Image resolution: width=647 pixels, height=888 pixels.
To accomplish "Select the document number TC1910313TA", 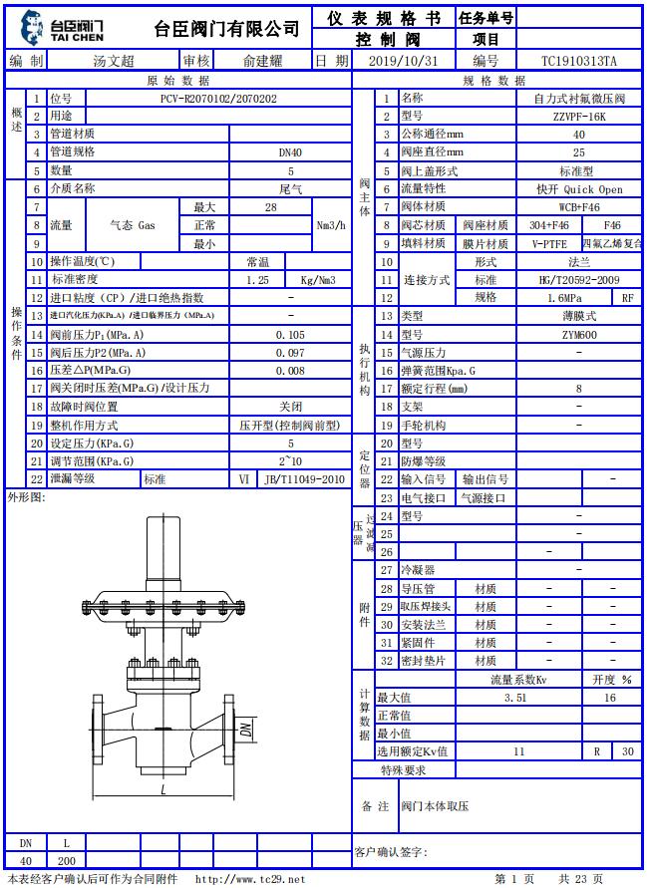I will pyautogui.click(x=578, y=61).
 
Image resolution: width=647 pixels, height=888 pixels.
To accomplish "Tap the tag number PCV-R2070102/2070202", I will pyautogui.click(x=218, y=99).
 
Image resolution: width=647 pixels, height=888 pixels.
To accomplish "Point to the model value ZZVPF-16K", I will pyautogui.click(x=578, y=117).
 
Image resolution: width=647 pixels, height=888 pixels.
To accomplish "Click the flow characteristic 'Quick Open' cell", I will pyautogui.click(x=578, y=189).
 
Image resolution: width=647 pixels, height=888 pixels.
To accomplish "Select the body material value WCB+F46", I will pyautogui.click(x=578, y=207).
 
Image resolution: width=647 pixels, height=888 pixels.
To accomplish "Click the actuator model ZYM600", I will pyautogui.click(x=578, y=335).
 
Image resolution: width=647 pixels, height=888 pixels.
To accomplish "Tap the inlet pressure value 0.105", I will pyautogui.click(x=290, y=335).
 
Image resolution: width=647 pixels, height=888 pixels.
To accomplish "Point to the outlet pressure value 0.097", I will pyautogui.click(x=290, y=353).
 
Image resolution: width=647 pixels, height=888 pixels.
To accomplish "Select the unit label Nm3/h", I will pyautogui.click(x=331, y=225).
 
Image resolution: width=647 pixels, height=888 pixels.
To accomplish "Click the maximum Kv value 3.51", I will pyautogui.click(x=515, y=698).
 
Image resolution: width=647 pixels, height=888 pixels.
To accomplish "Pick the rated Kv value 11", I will pyautogui.click(x=518, y=751).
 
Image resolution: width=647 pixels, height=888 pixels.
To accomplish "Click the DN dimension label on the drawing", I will pyautogui.click(x=245, y=730).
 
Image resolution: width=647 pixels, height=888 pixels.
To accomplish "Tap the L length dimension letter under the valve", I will pyautogui.click(x=162, y=790).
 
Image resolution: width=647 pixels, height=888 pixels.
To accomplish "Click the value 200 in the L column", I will pyautogui.click(x=66, y=860).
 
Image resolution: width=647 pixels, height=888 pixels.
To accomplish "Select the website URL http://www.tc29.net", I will pyautogui.click(x=250, y=879).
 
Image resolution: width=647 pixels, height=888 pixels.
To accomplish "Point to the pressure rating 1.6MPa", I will pyautogui.click(x=564, y=298).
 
